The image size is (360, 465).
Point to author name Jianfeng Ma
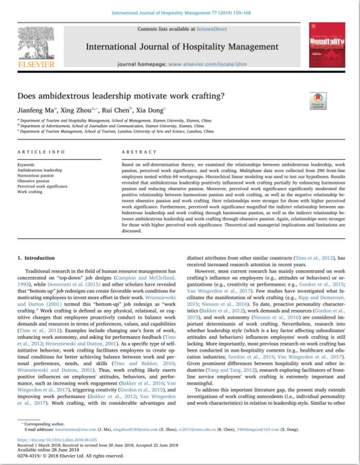[36, 110]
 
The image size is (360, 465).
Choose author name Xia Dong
[150, 110]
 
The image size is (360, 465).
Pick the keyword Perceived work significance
[42, 186]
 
